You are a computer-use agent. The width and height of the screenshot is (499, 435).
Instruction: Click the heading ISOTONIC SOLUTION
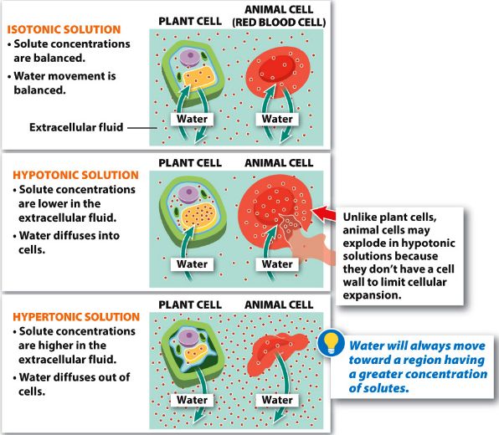pyautogui.click(x=64, y=29)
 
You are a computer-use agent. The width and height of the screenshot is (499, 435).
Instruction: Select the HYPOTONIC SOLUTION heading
pyautogui.click(x=75, y=175)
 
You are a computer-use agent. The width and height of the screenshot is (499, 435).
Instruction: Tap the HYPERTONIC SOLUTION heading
pyautogui.click(x=76, y=317)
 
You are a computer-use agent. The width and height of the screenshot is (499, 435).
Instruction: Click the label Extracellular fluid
pyautogui.click(x=76, y=127)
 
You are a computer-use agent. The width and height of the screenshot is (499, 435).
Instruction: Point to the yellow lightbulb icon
pyautogui.click(x=331, y=343)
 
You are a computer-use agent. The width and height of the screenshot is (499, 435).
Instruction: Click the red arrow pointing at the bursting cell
pyautogui.click(x=323, y=213)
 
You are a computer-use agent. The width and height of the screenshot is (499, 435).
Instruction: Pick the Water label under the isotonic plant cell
pyautogui.click(x=192, y=119)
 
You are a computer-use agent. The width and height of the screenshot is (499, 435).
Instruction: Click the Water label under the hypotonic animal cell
pyautogui.click(x=277, y=264)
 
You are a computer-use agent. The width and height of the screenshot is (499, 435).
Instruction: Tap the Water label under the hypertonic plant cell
pyautogui.click(x=192, y=400)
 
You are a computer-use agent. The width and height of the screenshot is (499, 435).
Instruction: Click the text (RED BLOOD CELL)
pyautogui.click(x=279, y=23)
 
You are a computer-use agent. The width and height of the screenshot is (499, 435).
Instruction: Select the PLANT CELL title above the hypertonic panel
pyautogui.click(x=190, y=304)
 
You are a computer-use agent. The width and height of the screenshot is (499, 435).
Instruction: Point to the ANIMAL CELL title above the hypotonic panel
pyautogui.click(x=279, y=163)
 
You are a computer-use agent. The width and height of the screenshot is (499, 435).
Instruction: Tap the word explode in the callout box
pyautogui.click(x=363, y=243)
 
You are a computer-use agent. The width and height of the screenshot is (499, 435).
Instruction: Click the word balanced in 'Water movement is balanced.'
pyautogui.click(x=39, y=90)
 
